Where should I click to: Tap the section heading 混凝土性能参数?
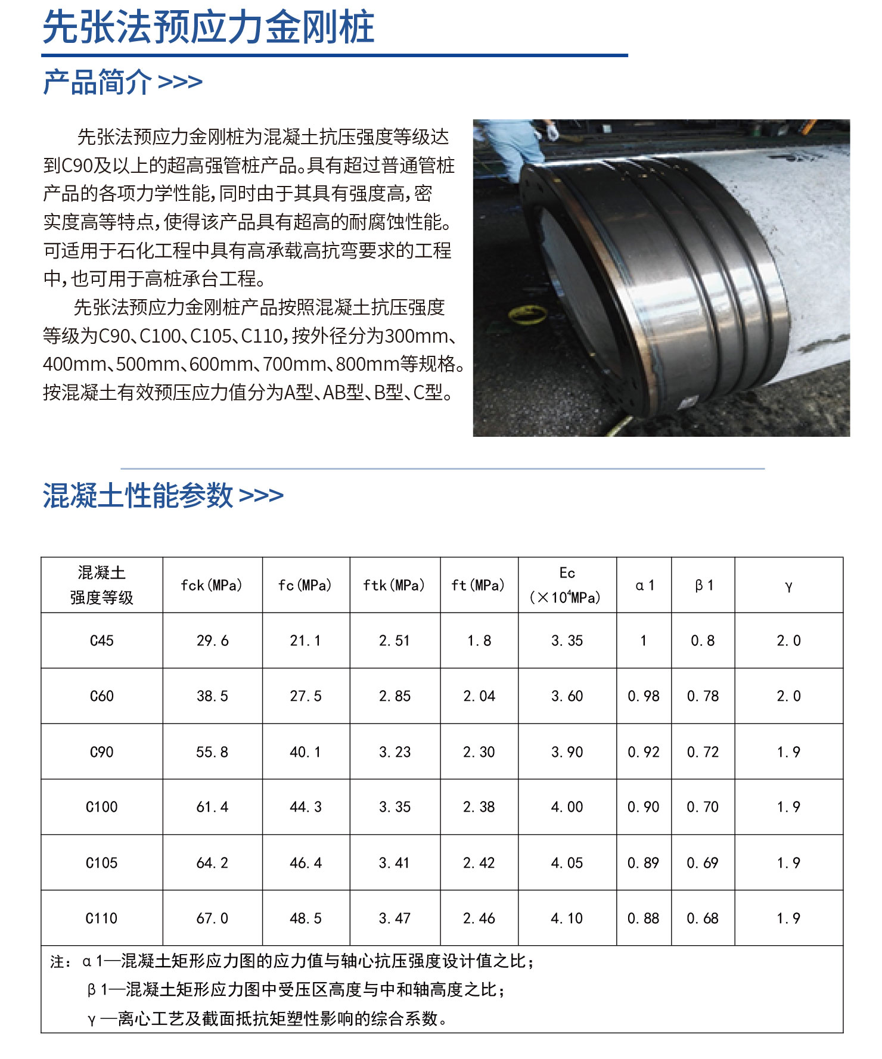138,495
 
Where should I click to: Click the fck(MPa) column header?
212,585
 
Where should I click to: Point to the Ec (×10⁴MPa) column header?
567,585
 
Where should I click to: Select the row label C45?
102,641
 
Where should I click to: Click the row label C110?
101,918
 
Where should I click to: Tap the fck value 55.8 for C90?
212,752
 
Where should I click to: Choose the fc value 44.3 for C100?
306,807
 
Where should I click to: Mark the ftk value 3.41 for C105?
395,863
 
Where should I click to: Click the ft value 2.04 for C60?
479,696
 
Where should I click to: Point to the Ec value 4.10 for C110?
567,918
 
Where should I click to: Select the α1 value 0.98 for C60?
644,696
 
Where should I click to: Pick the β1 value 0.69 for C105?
703,863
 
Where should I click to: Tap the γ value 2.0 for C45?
788,641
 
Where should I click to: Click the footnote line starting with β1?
296,990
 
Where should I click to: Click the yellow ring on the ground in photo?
527,313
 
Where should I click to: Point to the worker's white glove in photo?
552,132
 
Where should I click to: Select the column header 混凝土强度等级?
102,585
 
